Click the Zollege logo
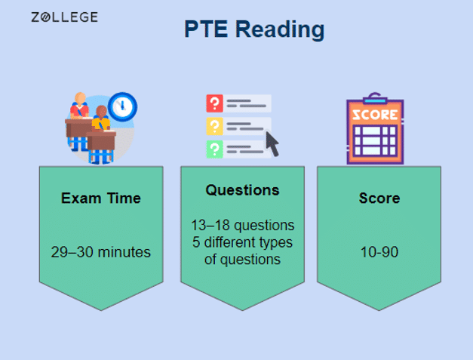(64, 17)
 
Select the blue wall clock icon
(122, 106)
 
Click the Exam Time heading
(101, 199)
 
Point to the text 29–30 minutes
(101, 252)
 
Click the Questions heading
(242, 190)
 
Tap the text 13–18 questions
(242, 226)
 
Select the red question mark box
(214, 103)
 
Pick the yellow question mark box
(214, 125)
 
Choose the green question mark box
(214, 147)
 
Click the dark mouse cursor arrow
(272, 143)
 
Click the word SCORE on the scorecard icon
(375, 115)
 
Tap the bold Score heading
(379, 199)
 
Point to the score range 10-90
(379, 252)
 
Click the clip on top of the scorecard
(375, 98)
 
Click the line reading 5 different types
(242, 242)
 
